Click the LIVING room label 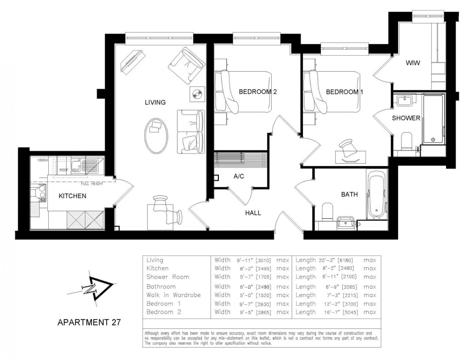pos(155,102)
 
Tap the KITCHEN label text pos(73,196)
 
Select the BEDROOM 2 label pos(257,92)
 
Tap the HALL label pos(253,213)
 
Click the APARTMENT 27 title pos(88,322)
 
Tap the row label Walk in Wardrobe pos(173,295)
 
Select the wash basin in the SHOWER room pos(405,100)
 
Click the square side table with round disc pos(197,95)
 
